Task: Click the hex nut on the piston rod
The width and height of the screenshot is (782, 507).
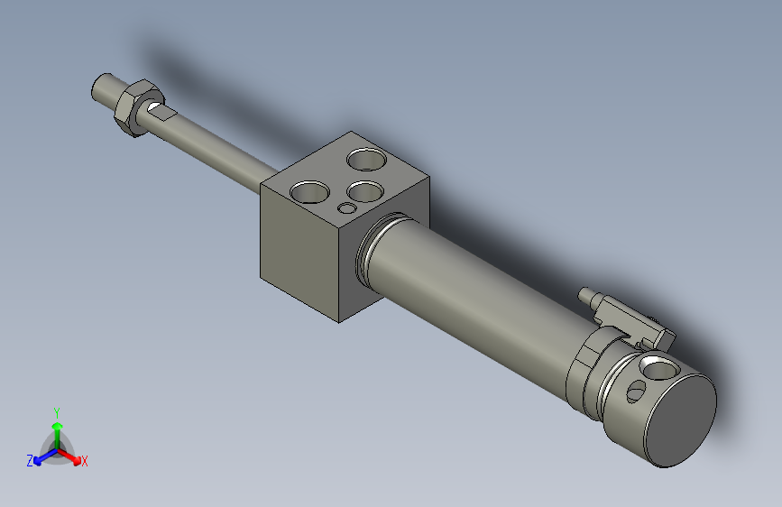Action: tap(136, 106)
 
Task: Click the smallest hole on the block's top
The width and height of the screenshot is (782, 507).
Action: tap(347, 209)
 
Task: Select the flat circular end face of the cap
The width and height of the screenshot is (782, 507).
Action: tap(682, 419)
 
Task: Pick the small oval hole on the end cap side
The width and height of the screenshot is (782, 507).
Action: tap(636, 391)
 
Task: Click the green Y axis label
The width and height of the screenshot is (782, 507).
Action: tap(57, 411)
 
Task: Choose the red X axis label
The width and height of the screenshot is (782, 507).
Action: tap(85, 461)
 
